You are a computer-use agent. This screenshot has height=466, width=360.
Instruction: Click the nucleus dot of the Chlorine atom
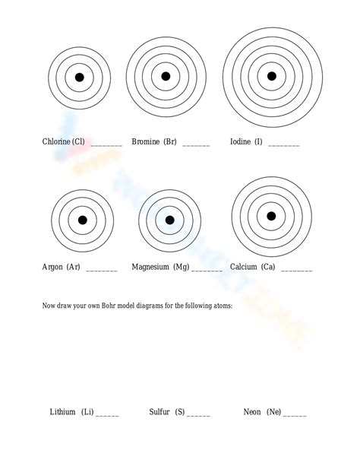click(x=79, y=77)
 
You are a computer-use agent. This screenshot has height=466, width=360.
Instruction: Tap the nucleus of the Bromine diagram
click(x=166, y=76)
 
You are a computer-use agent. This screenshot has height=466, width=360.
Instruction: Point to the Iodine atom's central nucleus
click(x=271, y=75)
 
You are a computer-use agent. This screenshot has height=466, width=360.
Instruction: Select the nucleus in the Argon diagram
click(x=81, y=220)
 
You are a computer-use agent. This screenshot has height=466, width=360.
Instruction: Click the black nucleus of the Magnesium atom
click(x=170, y=220)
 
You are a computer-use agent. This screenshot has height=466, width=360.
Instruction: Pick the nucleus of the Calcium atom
click(x=271, y=217)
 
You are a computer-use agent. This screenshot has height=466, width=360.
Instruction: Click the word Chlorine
click(x=55, y=142)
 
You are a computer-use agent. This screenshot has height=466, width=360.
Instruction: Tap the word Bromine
click(x=145, y=142)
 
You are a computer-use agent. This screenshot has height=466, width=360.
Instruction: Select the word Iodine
click(x=240, y=142)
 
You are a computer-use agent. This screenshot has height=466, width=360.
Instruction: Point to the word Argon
click(x=52, y=268)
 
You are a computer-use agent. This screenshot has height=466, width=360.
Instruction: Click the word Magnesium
click(x=150, y=268)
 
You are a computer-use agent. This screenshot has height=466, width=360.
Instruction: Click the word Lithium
click(x=62, y=412)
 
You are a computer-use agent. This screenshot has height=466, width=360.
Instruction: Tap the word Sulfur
click(x=159, y=412)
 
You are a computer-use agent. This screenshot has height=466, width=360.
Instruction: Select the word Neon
click(x=252, y=412)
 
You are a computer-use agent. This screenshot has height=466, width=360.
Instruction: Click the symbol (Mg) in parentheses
click(x=181, y=268)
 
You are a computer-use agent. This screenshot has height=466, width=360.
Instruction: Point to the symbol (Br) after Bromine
click(x=169, y=142)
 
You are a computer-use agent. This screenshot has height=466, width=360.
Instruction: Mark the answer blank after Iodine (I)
click(x=283, y=144)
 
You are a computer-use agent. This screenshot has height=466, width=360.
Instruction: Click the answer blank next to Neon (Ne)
click(x=295, y=414)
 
